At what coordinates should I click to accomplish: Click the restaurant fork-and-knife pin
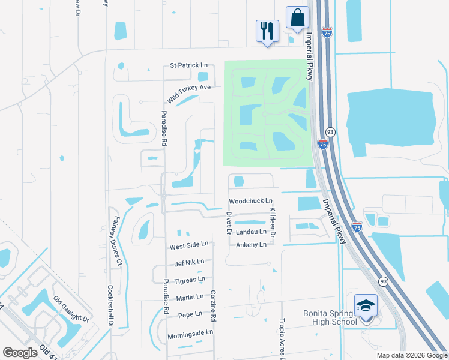pos(267,31)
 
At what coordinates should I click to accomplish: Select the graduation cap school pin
pos(366,305)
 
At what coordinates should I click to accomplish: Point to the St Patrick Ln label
pos(188,65)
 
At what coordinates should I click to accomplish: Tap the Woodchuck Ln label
pos(250,201)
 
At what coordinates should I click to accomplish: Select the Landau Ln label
pos(250,232)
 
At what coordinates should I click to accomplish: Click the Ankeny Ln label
pos(250,245)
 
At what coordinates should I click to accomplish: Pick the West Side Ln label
pos(188,245)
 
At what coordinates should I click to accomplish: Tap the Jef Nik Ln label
pos(189,262)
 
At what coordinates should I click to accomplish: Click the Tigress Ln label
pos(189,280)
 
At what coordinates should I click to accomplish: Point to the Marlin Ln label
pos(190,297)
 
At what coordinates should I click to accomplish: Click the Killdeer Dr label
pos(272,221)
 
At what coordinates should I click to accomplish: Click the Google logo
pos(20,353)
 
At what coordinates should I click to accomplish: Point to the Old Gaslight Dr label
pos(71,308)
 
